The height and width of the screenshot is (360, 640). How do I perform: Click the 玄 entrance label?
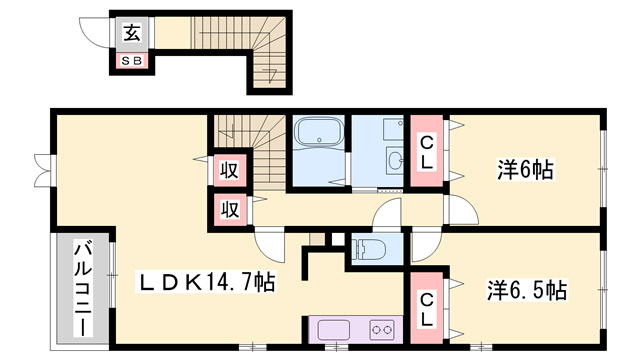[x=132, y=33]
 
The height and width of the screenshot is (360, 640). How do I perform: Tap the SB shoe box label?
[x=132, y=60]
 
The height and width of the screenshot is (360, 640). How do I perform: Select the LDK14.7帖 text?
[x=206, y=284]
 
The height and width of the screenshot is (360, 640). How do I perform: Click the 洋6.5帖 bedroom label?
[x=527, y=291]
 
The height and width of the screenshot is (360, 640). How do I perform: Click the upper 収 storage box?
[x=229, y=170]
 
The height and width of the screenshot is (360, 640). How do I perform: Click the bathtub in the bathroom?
[x=319, y=136]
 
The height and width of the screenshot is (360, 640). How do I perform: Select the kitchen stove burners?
[x=381, y=328]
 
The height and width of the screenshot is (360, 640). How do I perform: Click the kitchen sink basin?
[x=333, y=328]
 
